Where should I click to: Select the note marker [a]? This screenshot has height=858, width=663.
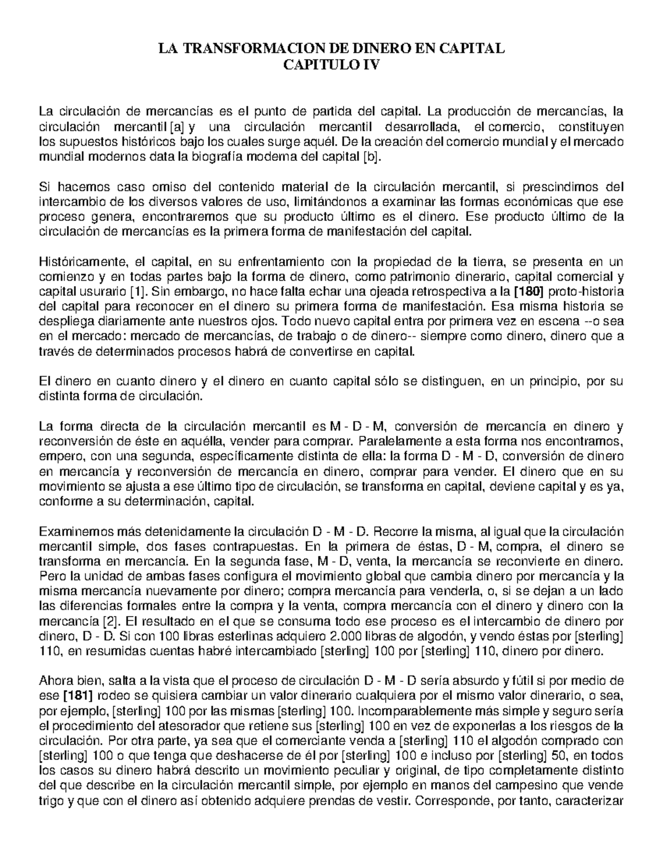coord(177,127)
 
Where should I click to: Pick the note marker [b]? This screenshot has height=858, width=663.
coord(371,157)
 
